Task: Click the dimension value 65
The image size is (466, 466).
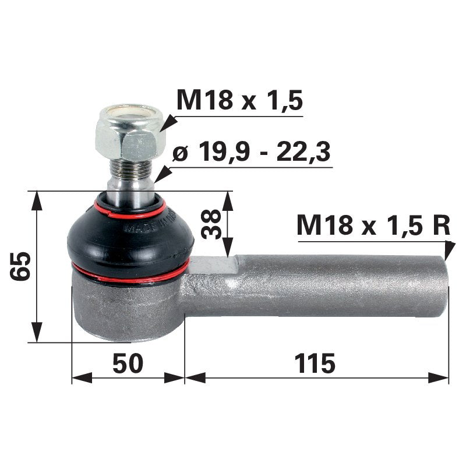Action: [20, 267]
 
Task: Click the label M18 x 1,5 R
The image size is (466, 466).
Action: [373, 225]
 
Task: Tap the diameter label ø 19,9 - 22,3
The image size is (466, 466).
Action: [252, 153]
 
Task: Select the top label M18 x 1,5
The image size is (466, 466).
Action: [239, 101]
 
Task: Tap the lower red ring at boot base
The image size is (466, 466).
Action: [130, 274]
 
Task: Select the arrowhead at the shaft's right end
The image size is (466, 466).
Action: [448, 250]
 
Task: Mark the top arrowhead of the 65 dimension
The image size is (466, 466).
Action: [37, 198]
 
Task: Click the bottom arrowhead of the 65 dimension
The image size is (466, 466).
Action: [37, 334]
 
